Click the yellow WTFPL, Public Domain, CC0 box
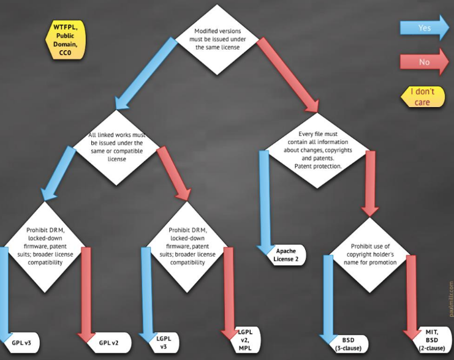tap(66, 40)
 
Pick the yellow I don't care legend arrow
tap(422, 97)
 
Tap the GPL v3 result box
tap(23, 343)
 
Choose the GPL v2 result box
tap(110, 343)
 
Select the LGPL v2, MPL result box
tap(244, 340)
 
